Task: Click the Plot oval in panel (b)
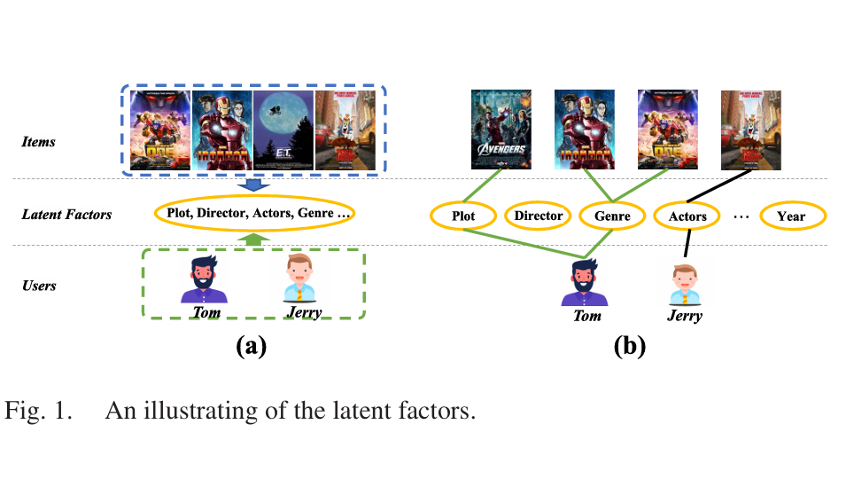point(464,216)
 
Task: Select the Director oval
point(539,216)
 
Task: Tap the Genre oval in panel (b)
point(612,216)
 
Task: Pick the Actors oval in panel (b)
point(687,216)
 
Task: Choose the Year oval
point(791,216)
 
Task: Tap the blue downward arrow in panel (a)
point(255,184)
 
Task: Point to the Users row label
point(40,286)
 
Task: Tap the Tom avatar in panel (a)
point(205,279)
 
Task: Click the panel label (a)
point(251,347)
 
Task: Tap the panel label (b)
point(630,347)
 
